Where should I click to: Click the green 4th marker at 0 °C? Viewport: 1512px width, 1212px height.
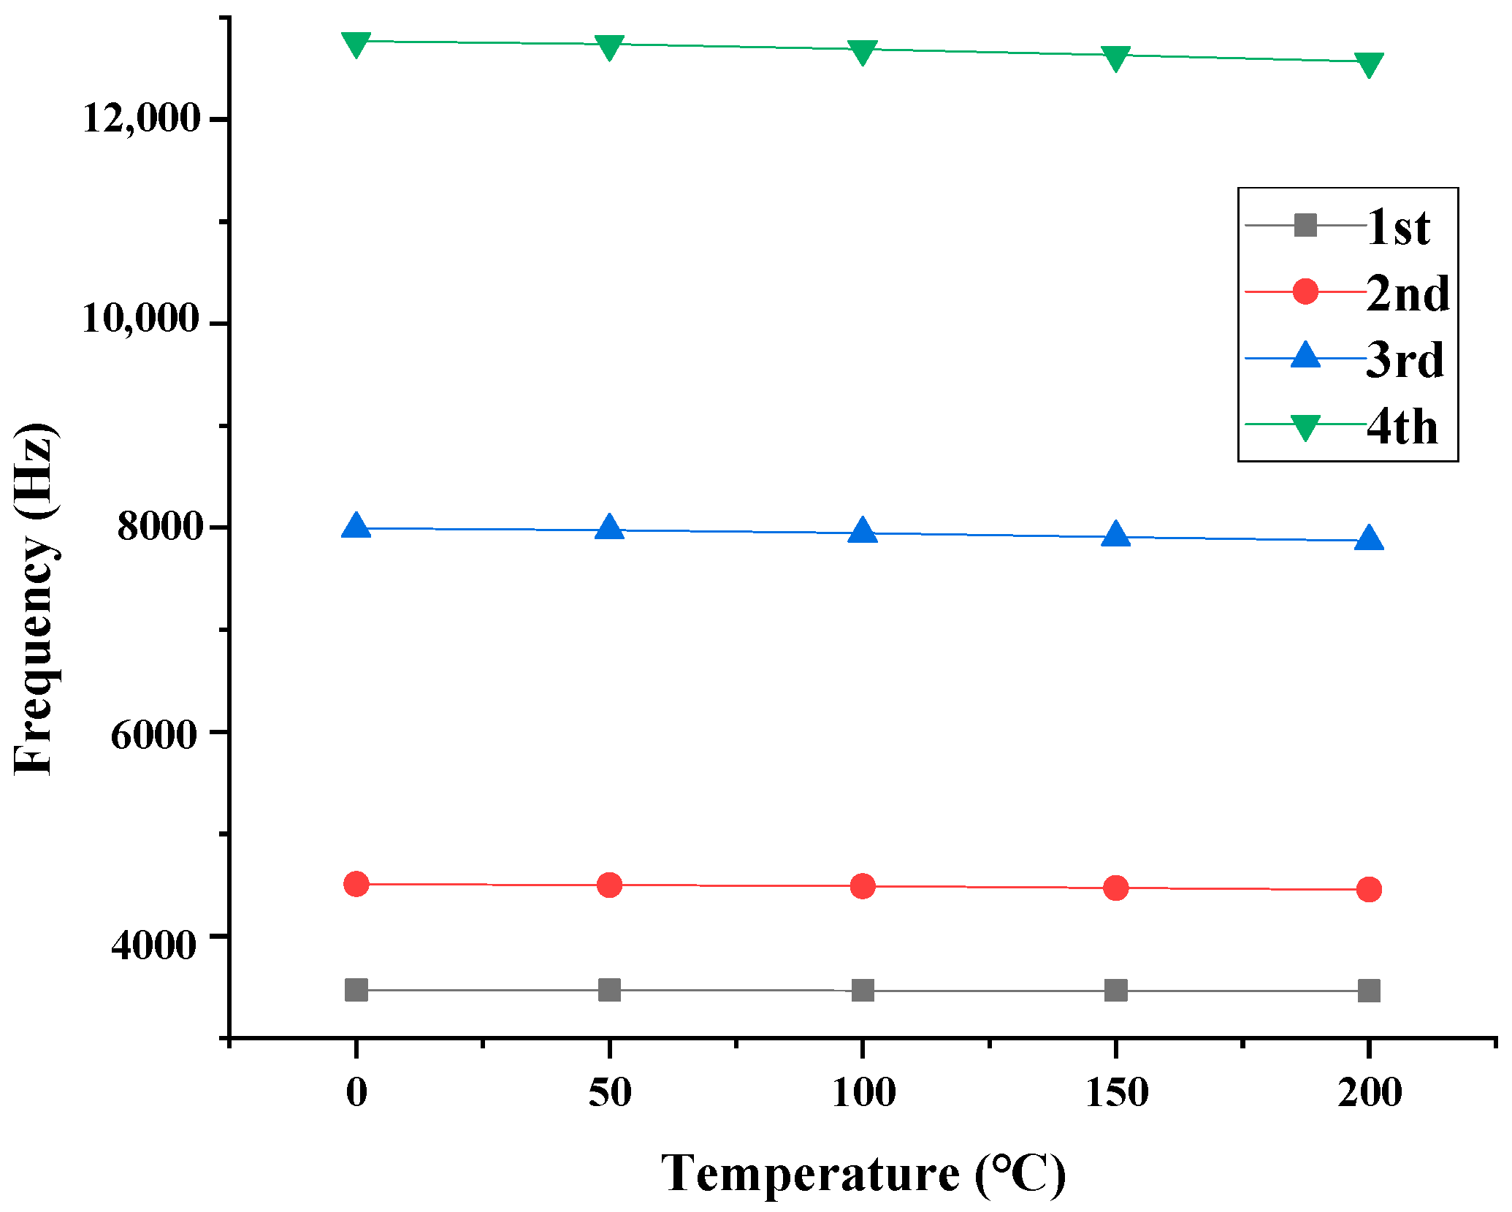point(356,44)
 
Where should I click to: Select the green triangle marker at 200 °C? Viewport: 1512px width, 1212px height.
point(1368,64)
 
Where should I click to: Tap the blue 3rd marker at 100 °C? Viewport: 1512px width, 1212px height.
point(863,531)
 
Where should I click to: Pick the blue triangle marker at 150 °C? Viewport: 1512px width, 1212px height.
point(1115,535)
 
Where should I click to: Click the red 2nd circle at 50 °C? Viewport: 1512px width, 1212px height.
point(609,885)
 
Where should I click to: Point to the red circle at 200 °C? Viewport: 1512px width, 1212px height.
point(1368,889)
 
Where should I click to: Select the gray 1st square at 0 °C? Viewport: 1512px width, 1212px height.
point(356,990)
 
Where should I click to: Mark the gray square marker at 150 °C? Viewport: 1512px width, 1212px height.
point(1115,991)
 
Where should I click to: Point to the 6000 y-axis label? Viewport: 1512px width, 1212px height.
point(154,734)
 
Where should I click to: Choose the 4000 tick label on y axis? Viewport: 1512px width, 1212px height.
point(154,944)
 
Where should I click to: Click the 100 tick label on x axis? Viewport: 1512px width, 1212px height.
point(863,1094)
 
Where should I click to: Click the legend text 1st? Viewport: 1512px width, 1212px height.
point(1398,227)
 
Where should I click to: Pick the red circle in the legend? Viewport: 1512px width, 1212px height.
point(1305,291)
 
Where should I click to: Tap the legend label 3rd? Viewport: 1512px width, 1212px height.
point(1405,360)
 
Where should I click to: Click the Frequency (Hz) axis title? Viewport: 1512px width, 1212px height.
point(34,598)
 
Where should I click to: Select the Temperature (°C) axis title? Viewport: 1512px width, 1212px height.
point(863,1174)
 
